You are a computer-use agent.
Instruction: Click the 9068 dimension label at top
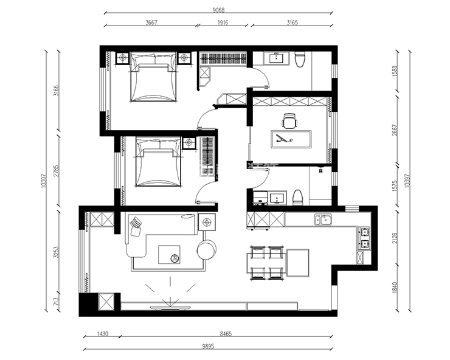coord(218,10)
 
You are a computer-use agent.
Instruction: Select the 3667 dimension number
coord(151,22)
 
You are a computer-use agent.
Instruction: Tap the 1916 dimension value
coord(223,22)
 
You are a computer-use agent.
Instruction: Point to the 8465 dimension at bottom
coord(226,334)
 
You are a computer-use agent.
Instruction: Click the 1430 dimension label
coord(102,334)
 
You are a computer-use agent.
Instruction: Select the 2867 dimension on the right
coord(395,130)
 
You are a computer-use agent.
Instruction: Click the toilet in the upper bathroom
coord(299,59)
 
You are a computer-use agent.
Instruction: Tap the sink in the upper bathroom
coord(276,58)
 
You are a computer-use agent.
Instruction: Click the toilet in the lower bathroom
coord(298,198)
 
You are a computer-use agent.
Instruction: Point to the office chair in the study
coord(289,120)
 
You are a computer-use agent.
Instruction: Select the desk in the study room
coord(291,139)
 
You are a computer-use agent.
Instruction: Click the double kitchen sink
coord(323,220)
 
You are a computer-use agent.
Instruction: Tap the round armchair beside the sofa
coord(207,250)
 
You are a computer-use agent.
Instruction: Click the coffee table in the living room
coord(169,254)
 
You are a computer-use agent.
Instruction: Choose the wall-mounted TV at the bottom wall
coord(170,308)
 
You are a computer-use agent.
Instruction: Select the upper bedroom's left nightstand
coord(123,58)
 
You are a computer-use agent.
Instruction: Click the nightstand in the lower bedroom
coord(189,143)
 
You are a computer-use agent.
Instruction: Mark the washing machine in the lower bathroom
coord(261,198)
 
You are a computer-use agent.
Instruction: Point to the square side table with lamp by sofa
coord(207,221)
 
